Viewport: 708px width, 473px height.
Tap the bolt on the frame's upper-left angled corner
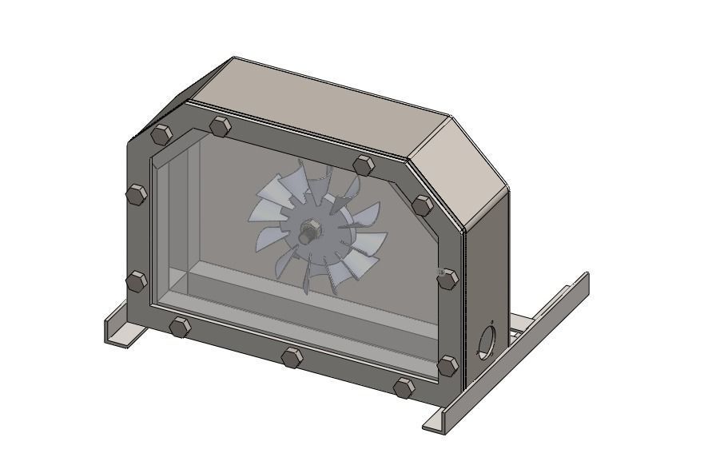(x=161, y=134)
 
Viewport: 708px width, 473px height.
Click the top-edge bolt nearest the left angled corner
(x=220, y=126)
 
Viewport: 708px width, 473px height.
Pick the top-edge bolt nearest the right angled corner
(x=364, y=165)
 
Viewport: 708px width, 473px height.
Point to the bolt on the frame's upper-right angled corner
(x=422, y=204)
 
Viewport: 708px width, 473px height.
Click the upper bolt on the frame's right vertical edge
(x=447, y=279)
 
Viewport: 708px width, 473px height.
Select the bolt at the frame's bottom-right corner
(x=447, y=366)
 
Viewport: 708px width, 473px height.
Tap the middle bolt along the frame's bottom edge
(x=291, y=356)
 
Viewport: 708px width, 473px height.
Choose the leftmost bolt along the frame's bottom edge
(x=180, y=326)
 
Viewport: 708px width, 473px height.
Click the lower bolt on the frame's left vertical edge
(x=137, y=281)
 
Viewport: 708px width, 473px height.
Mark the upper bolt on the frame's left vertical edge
(x=137, y=194)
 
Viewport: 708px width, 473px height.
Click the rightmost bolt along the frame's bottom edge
(x=404, y=388)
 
